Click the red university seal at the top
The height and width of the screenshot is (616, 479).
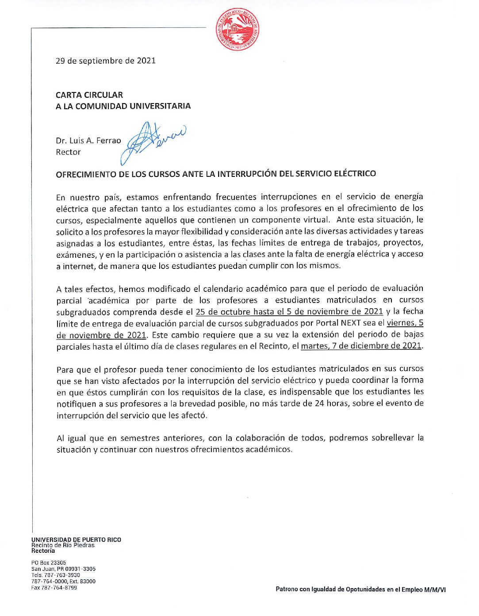(238, 29)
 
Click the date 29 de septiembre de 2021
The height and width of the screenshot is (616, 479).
(106, 61)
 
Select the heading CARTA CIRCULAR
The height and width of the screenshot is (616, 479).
(89, 95)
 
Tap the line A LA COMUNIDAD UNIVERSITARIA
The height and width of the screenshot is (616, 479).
(123, 106)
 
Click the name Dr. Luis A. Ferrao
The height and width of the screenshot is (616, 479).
(88, 141)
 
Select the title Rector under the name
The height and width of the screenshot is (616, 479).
(68, 152)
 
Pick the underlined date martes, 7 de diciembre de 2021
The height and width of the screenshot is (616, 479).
(361, 346)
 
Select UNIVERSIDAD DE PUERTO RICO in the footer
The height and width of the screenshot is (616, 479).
(76, 539)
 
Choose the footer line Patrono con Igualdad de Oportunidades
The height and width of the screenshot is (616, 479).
(360, 589)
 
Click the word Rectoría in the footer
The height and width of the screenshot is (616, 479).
(43, 551)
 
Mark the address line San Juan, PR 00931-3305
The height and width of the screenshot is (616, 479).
(63, 569)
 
